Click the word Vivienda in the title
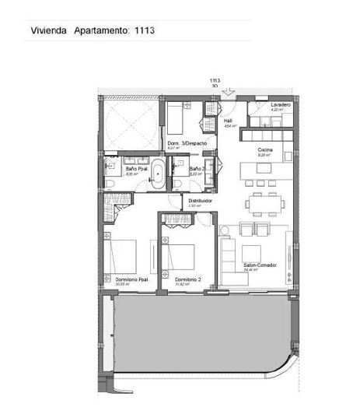[48, 31]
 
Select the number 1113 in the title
[145, 31]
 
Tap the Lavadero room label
[281, 105]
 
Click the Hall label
[229, 121]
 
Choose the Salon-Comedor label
[261, 265]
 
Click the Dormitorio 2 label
[187, 280]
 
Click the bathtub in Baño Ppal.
[156, 175]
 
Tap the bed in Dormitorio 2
[184, 255]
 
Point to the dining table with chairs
[262, 204]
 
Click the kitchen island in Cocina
[261, 169]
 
